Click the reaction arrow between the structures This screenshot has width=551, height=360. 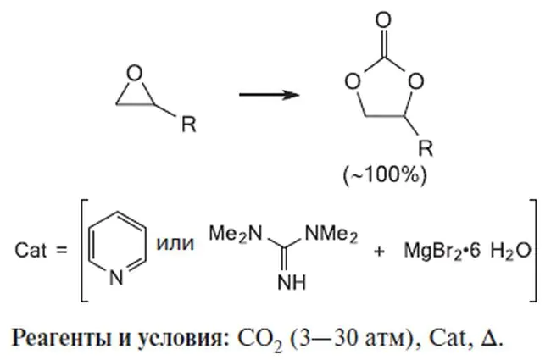[x=270, y=95]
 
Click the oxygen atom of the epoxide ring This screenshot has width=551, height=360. [x=134, y=74]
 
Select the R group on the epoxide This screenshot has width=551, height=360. [x=189, y=125]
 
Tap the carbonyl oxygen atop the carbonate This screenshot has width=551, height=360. [x=383, y=19]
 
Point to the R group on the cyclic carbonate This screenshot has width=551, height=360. [x=426, y=147]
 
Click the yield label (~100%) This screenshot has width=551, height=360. [x=385, y=174]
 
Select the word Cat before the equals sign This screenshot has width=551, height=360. [x=31, y=251]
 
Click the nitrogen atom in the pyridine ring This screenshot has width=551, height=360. [x=117, y=277]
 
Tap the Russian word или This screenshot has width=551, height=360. [x=175, y=243]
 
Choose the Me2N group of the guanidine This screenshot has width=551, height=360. [x=236, y=234]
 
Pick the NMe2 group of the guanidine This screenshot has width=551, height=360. [x=331, y=234]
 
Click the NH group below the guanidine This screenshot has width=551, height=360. [x=292, y=282]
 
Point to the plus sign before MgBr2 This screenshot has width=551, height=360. [x=379, y=251]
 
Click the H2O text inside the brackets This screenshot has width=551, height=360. [x=510, y=252]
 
